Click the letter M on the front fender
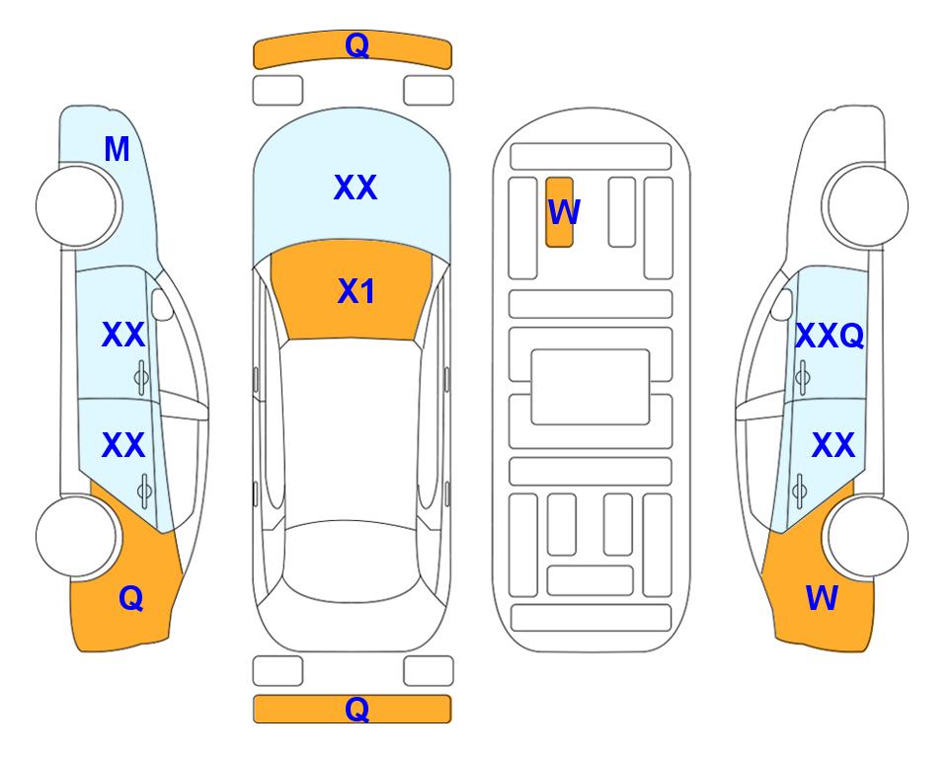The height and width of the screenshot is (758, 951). pos(117,149)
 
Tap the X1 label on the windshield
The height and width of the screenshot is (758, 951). pos(357,291)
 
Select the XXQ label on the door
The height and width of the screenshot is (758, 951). pos(830,336)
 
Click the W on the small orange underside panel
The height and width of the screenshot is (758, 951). pos(564,211)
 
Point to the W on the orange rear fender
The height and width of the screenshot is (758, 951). pos(822,598)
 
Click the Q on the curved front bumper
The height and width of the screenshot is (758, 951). pos(357,44)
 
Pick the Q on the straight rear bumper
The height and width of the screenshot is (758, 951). pos(357,709)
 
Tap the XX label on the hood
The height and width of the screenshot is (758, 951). pos(356,187)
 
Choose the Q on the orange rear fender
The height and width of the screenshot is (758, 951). pos(131,598)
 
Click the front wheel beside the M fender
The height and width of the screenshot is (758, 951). pos(76,206)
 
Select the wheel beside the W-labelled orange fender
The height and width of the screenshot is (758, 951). pos(868,536)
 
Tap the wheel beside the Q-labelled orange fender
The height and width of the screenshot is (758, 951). pos(76,536)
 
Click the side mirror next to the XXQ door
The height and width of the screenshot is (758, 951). pos(782,305)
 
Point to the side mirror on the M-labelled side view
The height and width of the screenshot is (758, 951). pos(162,305)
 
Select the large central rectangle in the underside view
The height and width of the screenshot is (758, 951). pos(591,387)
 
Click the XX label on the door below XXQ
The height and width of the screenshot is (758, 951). pos(833,444)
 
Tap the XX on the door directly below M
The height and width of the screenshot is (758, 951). pos(123,335)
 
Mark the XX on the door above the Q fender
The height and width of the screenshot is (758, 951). pos(123,444)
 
